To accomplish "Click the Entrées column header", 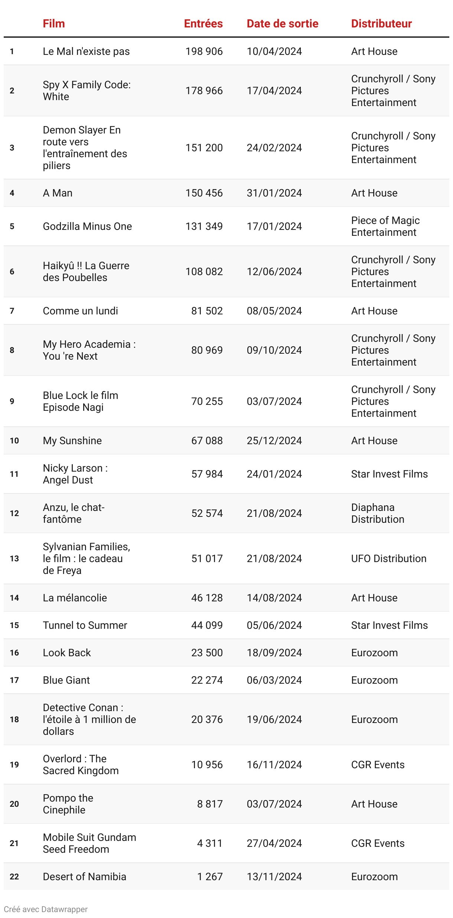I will coord(203,24).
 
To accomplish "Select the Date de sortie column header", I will coord(282,24).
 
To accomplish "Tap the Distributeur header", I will coord(381,24).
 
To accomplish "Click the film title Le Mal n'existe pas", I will coord(86,52).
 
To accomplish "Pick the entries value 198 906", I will coord(204,52).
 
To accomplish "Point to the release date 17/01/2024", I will coord(274,227).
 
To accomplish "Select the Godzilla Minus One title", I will coord(87,227).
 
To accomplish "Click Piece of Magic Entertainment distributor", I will coord(385,227).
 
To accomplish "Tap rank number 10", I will coord(14,441).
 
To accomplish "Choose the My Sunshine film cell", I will coord(72,441).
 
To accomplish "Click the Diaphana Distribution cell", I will coord(377,514).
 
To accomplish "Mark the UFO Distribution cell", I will coord(388,559).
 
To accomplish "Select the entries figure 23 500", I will coord(207,653).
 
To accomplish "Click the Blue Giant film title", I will coord(66,680).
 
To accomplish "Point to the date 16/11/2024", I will coord(274,765).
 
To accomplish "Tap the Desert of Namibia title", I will coord(84,877).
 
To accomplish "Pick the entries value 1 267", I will coord(210,877).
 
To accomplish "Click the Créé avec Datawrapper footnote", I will coord(46,909).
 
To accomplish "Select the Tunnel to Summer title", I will coord(85,625).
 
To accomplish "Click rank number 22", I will coord(14,877).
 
